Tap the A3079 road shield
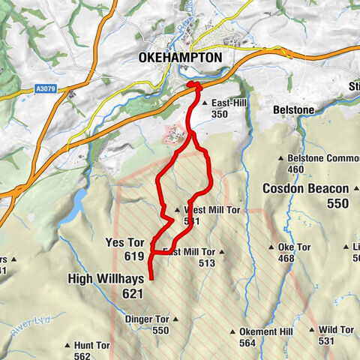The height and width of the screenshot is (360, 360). click(x=46, y=88)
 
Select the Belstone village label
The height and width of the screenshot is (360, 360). click(x=293, y=109)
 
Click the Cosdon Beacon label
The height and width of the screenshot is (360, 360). click(x=306, y=188)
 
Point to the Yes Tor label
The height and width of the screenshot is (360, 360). click(x=124, y=242)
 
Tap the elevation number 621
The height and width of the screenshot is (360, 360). click(x=132, y=294)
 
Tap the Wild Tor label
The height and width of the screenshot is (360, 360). click(x=335, y=329)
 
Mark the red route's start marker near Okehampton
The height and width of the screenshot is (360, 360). click(x=192, y=85)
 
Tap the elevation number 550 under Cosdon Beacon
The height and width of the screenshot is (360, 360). click(x=337, y=203)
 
